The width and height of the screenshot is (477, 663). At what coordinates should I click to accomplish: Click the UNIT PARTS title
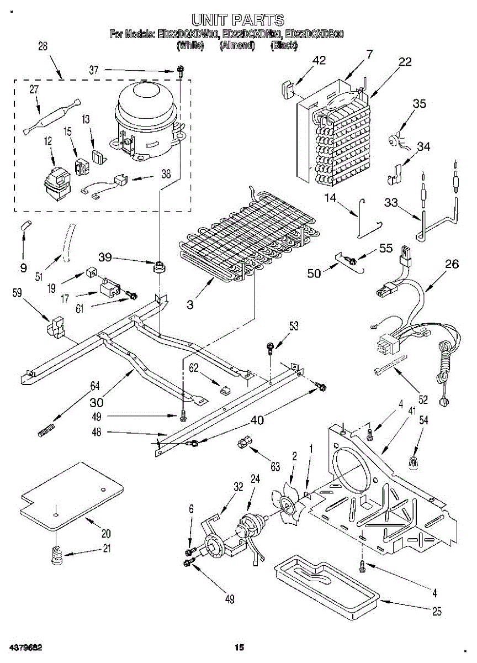238,20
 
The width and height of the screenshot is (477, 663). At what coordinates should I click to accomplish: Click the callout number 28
43,47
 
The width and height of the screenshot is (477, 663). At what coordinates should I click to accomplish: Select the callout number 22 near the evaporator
405,62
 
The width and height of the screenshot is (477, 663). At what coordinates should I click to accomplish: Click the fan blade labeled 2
288,502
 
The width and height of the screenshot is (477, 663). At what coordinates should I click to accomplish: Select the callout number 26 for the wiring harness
452,265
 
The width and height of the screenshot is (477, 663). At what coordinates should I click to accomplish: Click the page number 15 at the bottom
239,648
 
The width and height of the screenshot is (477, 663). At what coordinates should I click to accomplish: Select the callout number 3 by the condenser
190,304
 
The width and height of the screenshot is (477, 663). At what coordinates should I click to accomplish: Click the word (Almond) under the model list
236,46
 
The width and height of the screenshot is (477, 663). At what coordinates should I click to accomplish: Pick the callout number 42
319,61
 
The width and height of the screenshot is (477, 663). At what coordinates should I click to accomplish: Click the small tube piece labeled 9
25,227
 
